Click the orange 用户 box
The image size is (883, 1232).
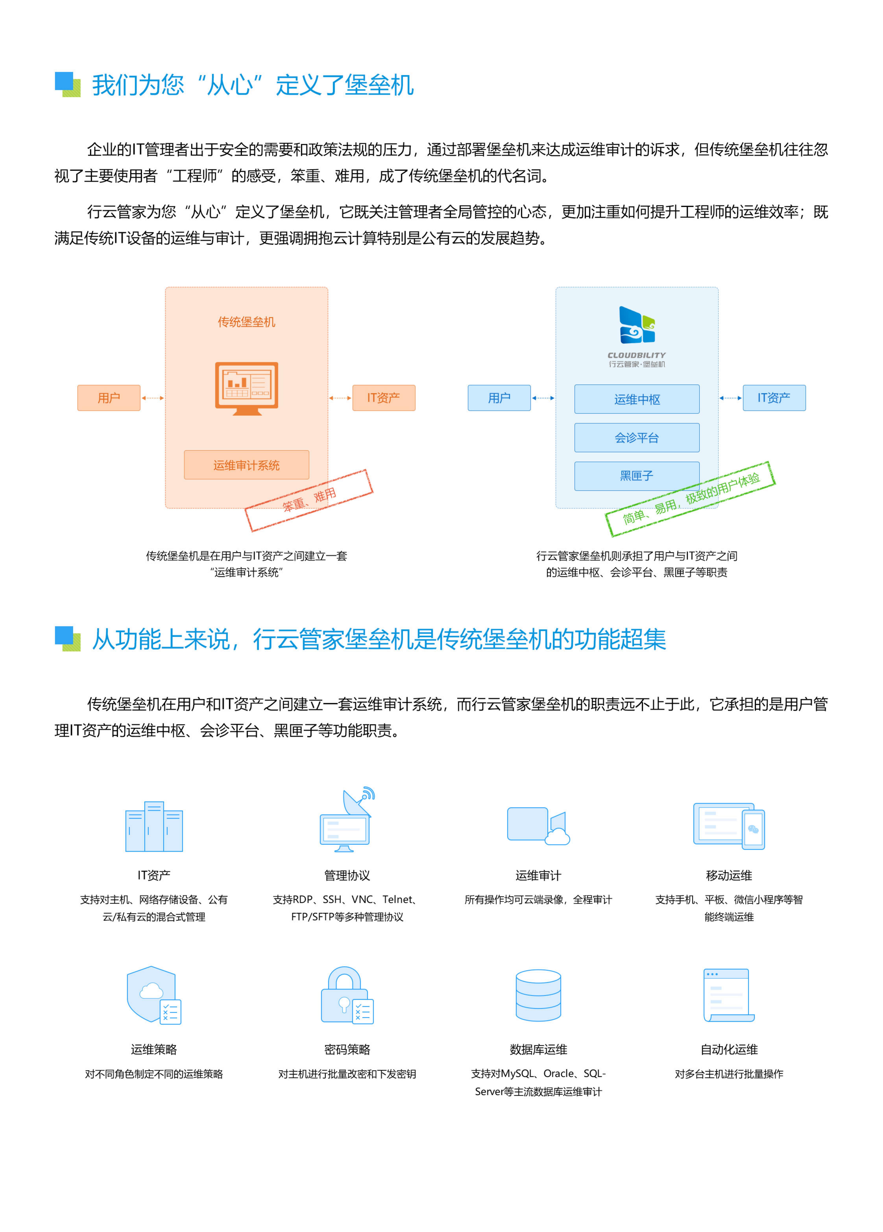click(109, 398)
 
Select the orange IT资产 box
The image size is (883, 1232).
click(383, 398)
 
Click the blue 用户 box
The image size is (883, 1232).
click(499, 398)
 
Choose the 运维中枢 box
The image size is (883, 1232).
click(636, 399)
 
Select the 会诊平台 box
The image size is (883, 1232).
click(636, 437)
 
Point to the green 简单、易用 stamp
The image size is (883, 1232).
click(690, 499)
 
